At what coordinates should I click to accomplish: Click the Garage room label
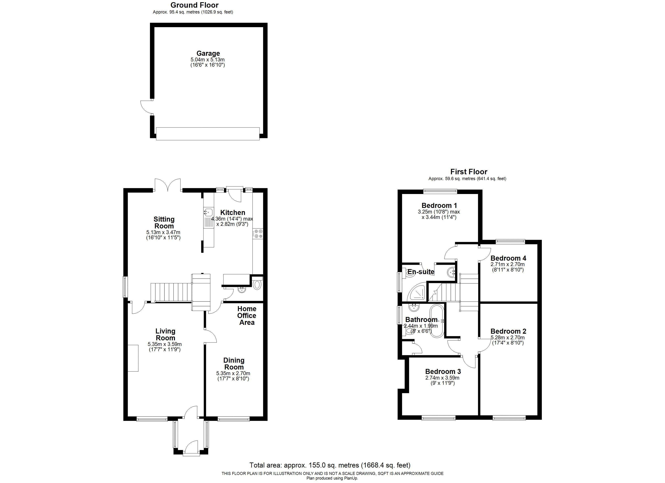[208, 54]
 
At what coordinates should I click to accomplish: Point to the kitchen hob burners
[258, 234]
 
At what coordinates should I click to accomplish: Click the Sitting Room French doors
[167, 185]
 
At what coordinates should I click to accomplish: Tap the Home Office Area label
[247, 315]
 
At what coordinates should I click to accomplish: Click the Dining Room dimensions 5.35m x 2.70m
[233, 374]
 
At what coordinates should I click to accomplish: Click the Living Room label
[165, 334]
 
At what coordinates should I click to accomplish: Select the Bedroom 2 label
[508, 331]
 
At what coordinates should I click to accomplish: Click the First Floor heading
[469, 172]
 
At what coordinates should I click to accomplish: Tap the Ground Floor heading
[194, 5]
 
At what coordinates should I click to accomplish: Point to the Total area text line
[330, 465]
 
